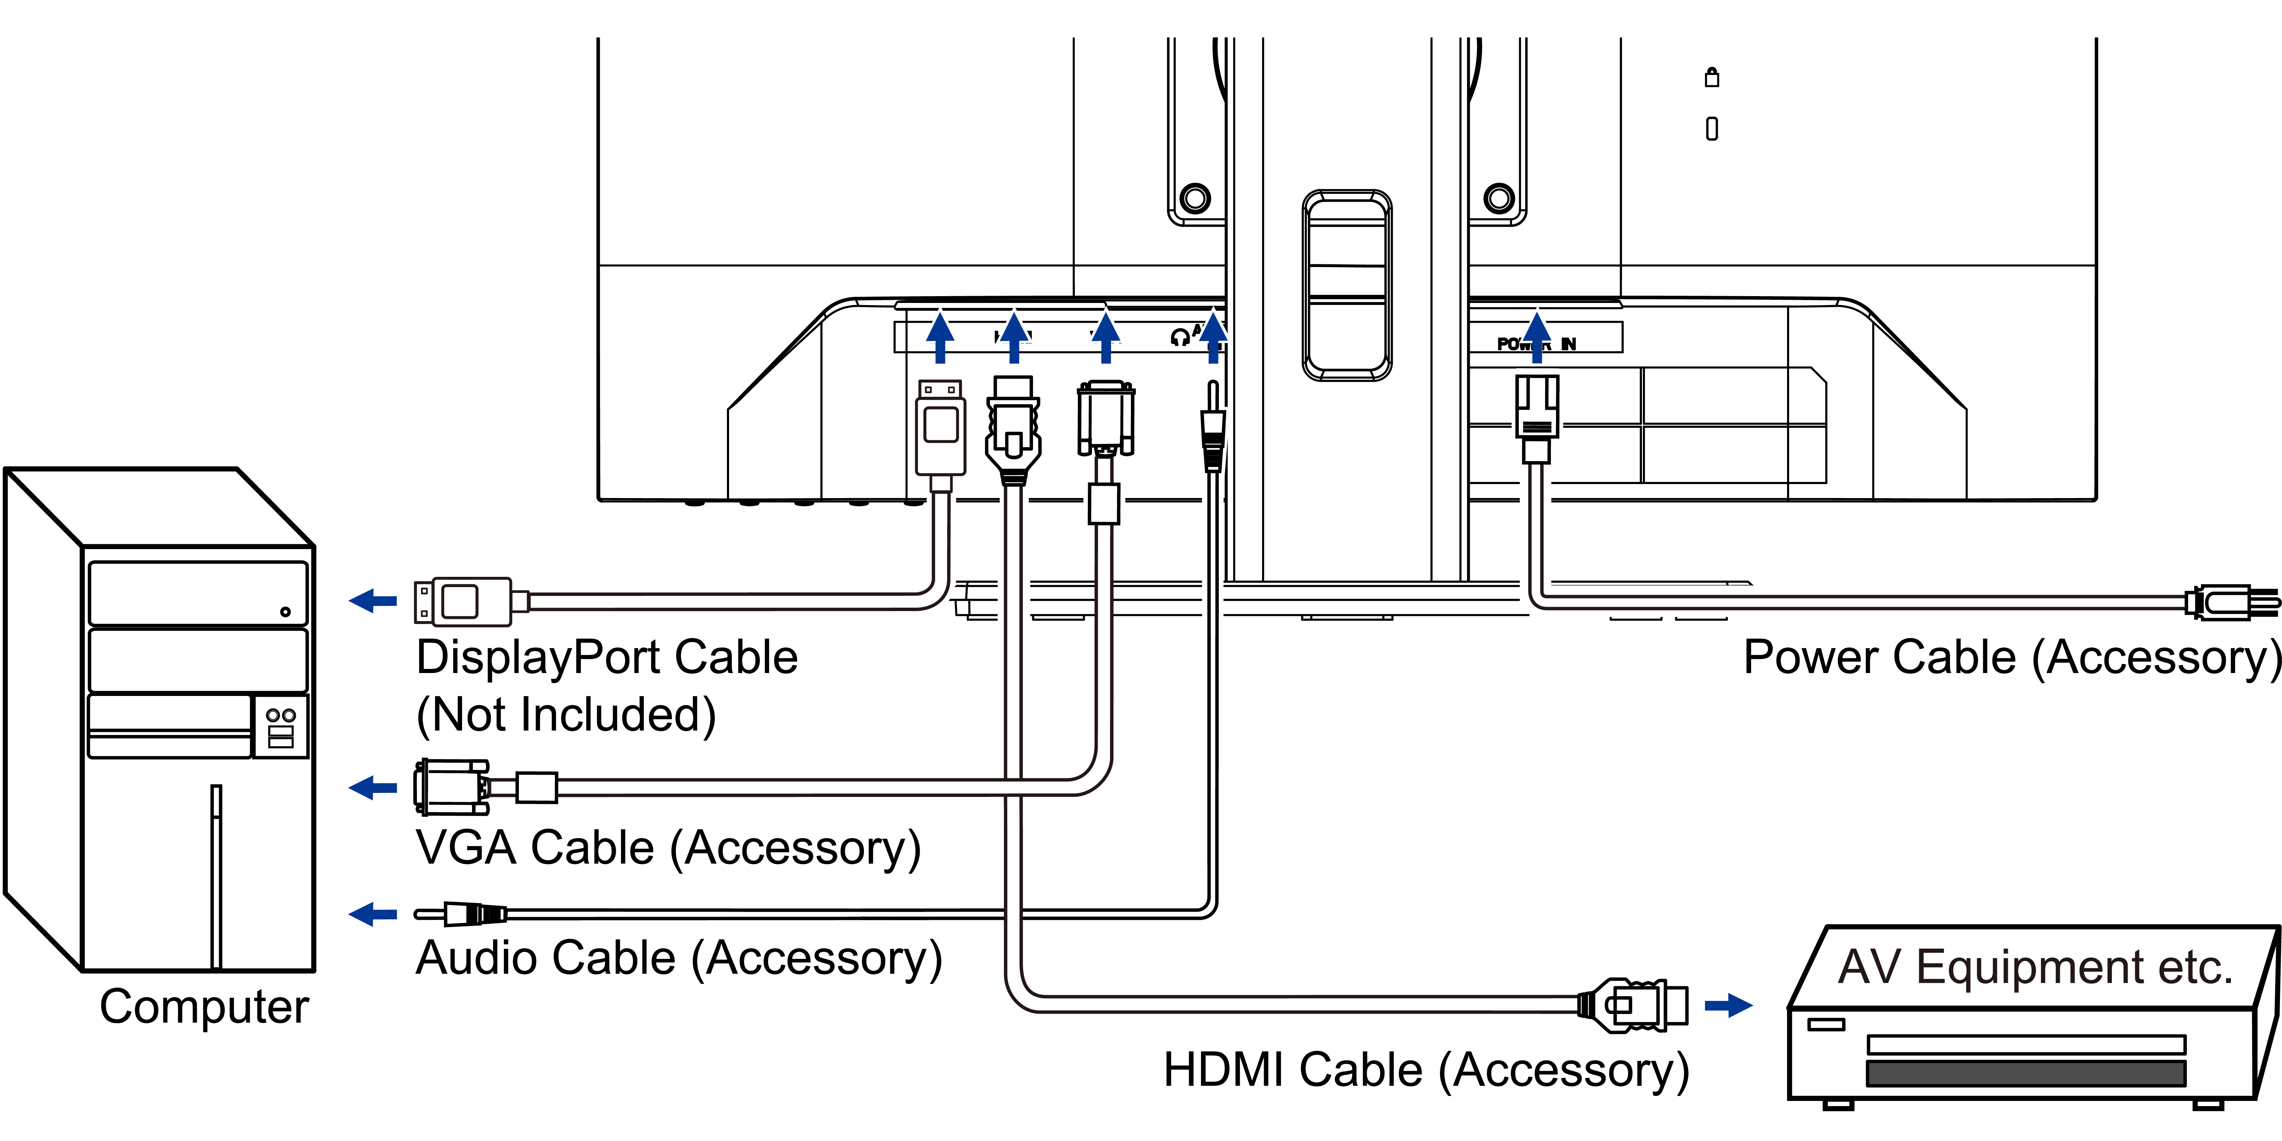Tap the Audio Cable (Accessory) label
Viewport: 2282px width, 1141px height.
679,959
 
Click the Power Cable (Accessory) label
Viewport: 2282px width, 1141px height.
2011,657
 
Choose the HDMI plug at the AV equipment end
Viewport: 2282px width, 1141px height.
1639,1005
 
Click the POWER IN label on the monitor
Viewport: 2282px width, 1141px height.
1537,344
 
